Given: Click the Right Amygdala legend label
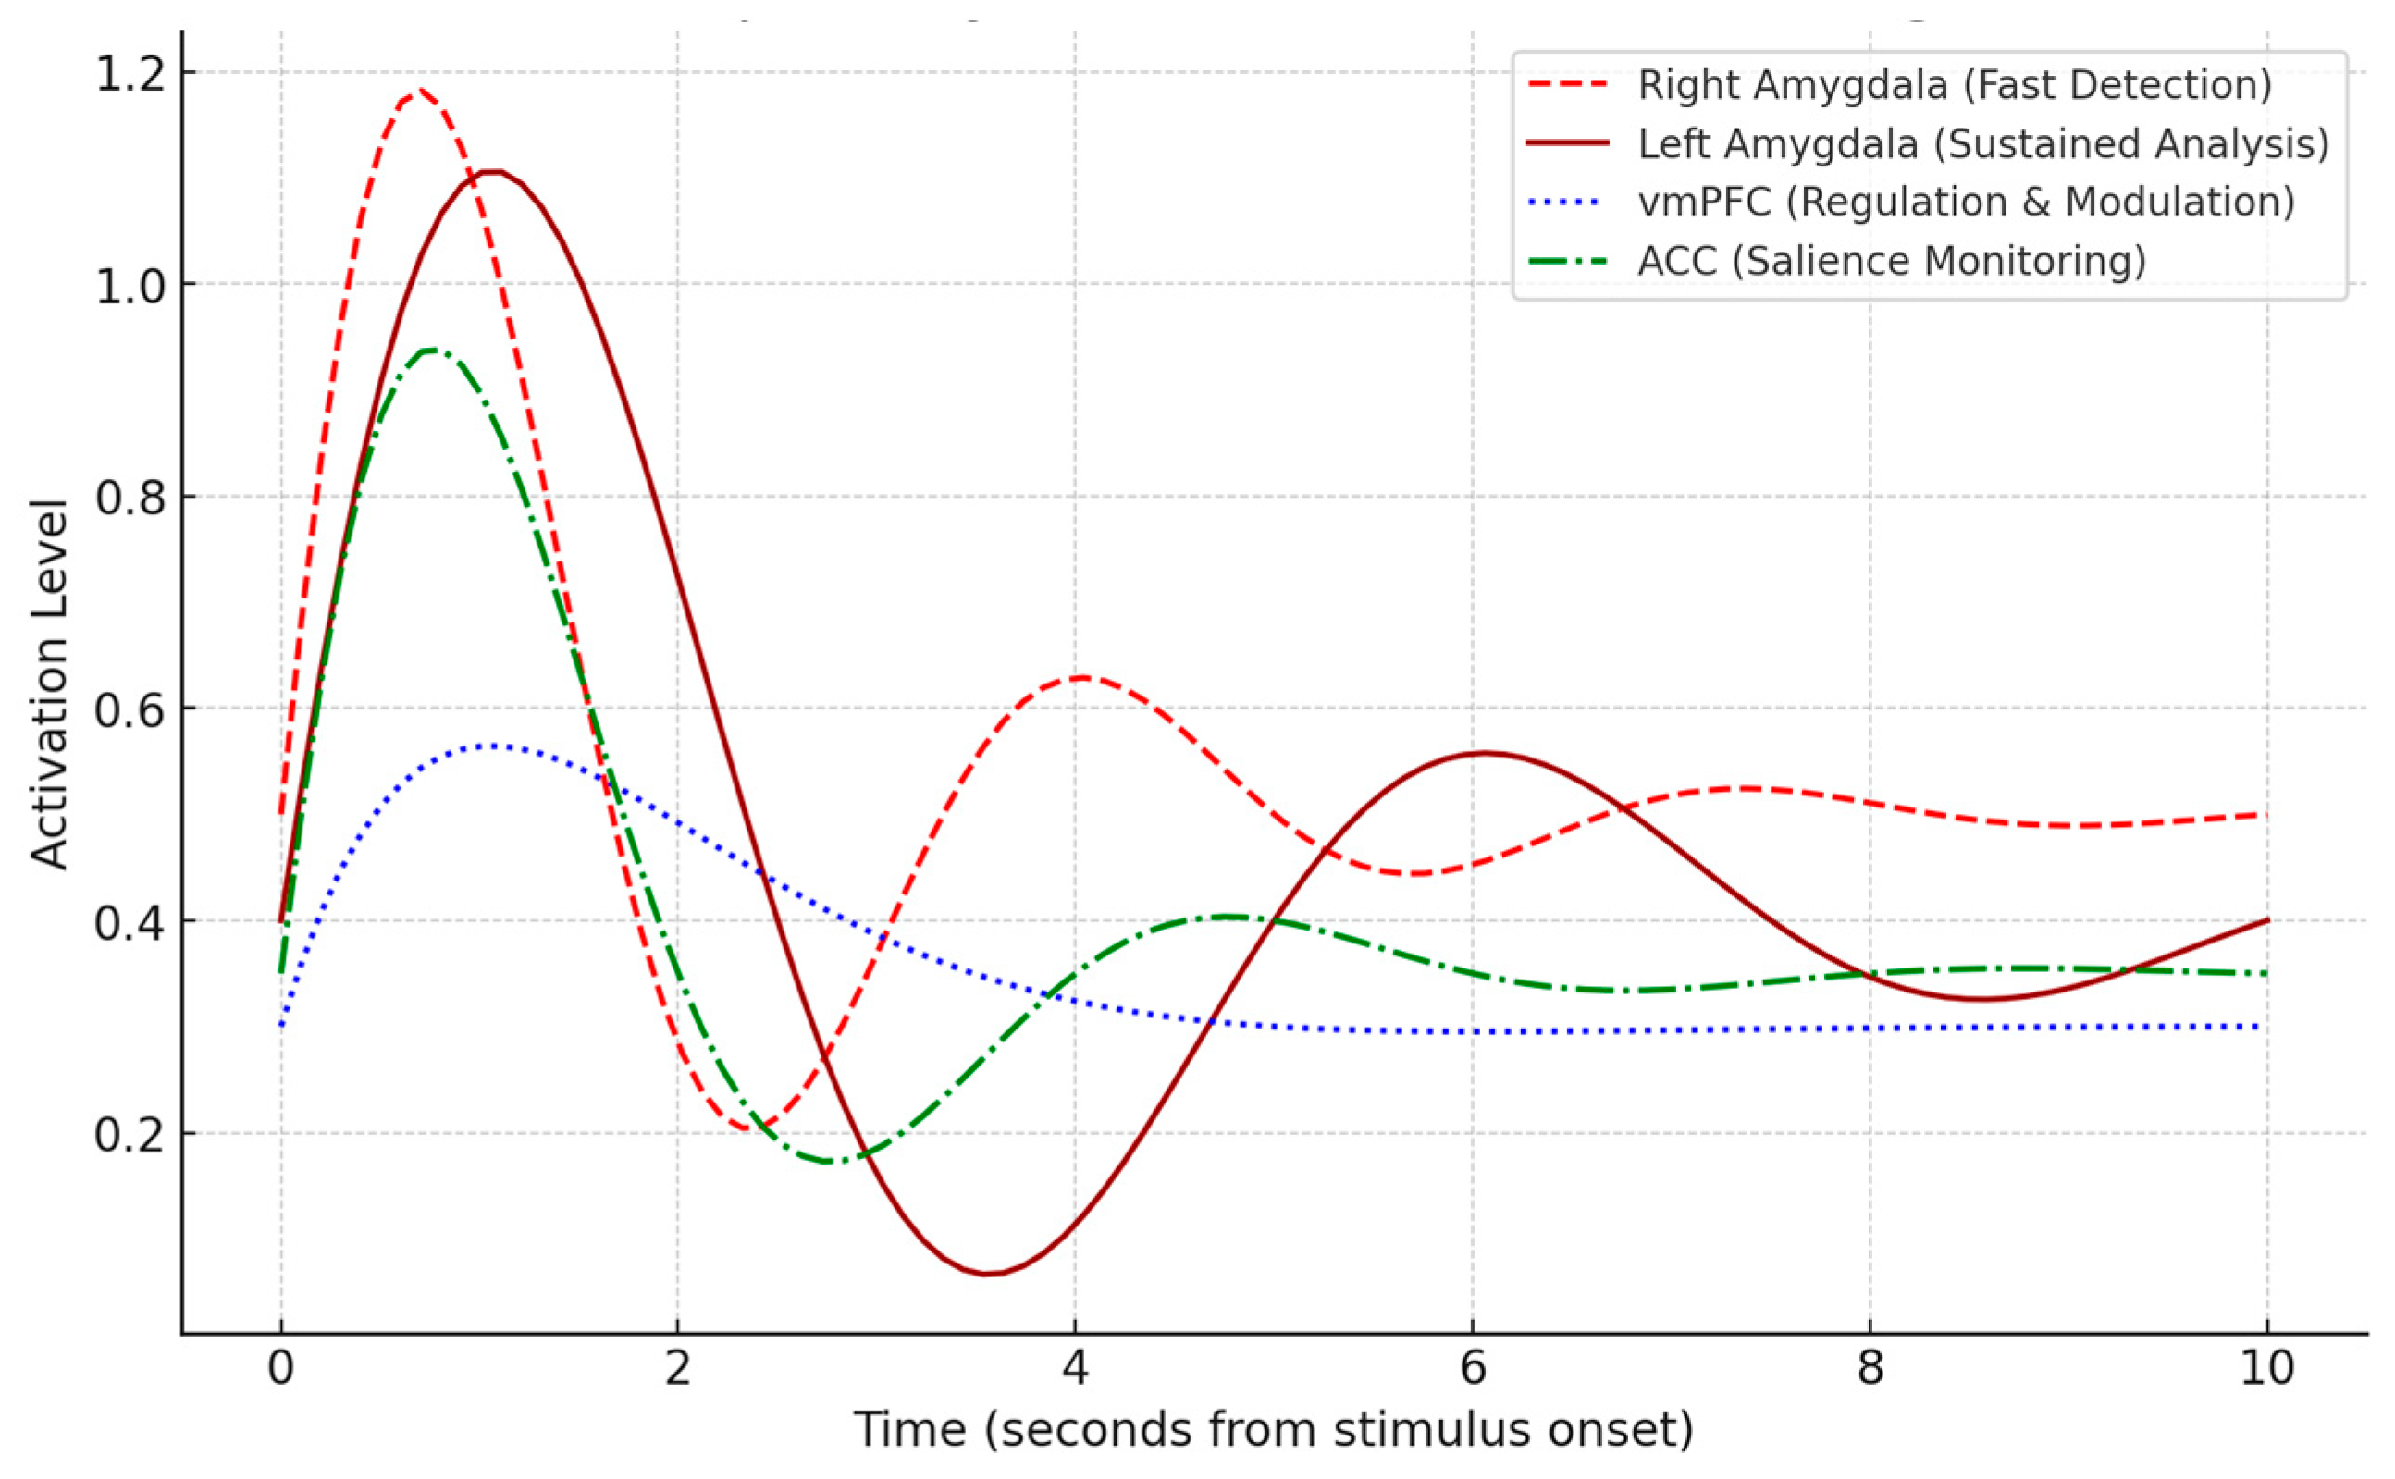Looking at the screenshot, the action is (x=1955, y=85).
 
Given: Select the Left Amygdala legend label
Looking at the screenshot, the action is (x=1984, y=143).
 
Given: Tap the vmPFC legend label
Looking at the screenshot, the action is (x=1967, y=203).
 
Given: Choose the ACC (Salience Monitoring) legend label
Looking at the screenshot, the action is (x=1892, y=261).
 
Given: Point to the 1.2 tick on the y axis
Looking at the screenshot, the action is (x=130, y=73).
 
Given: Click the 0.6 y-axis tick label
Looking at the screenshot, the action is (x=130, y=709).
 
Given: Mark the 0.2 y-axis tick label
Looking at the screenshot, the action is (x=130, y=1134).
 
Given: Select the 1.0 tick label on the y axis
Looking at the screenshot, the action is (x=130, y=285).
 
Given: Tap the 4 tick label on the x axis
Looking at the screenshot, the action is (x=1075, y=1368).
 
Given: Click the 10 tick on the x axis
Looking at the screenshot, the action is (x=2266, y=1368).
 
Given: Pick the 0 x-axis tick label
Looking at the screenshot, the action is (x=281, y=1368).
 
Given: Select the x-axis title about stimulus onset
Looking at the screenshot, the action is (x=1274, y=1430).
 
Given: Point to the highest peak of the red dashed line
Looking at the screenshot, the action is (x=419, y=91).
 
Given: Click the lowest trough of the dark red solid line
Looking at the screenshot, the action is (x=988, y=1274).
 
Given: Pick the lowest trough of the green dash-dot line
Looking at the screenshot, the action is (x=830, y=1161).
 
